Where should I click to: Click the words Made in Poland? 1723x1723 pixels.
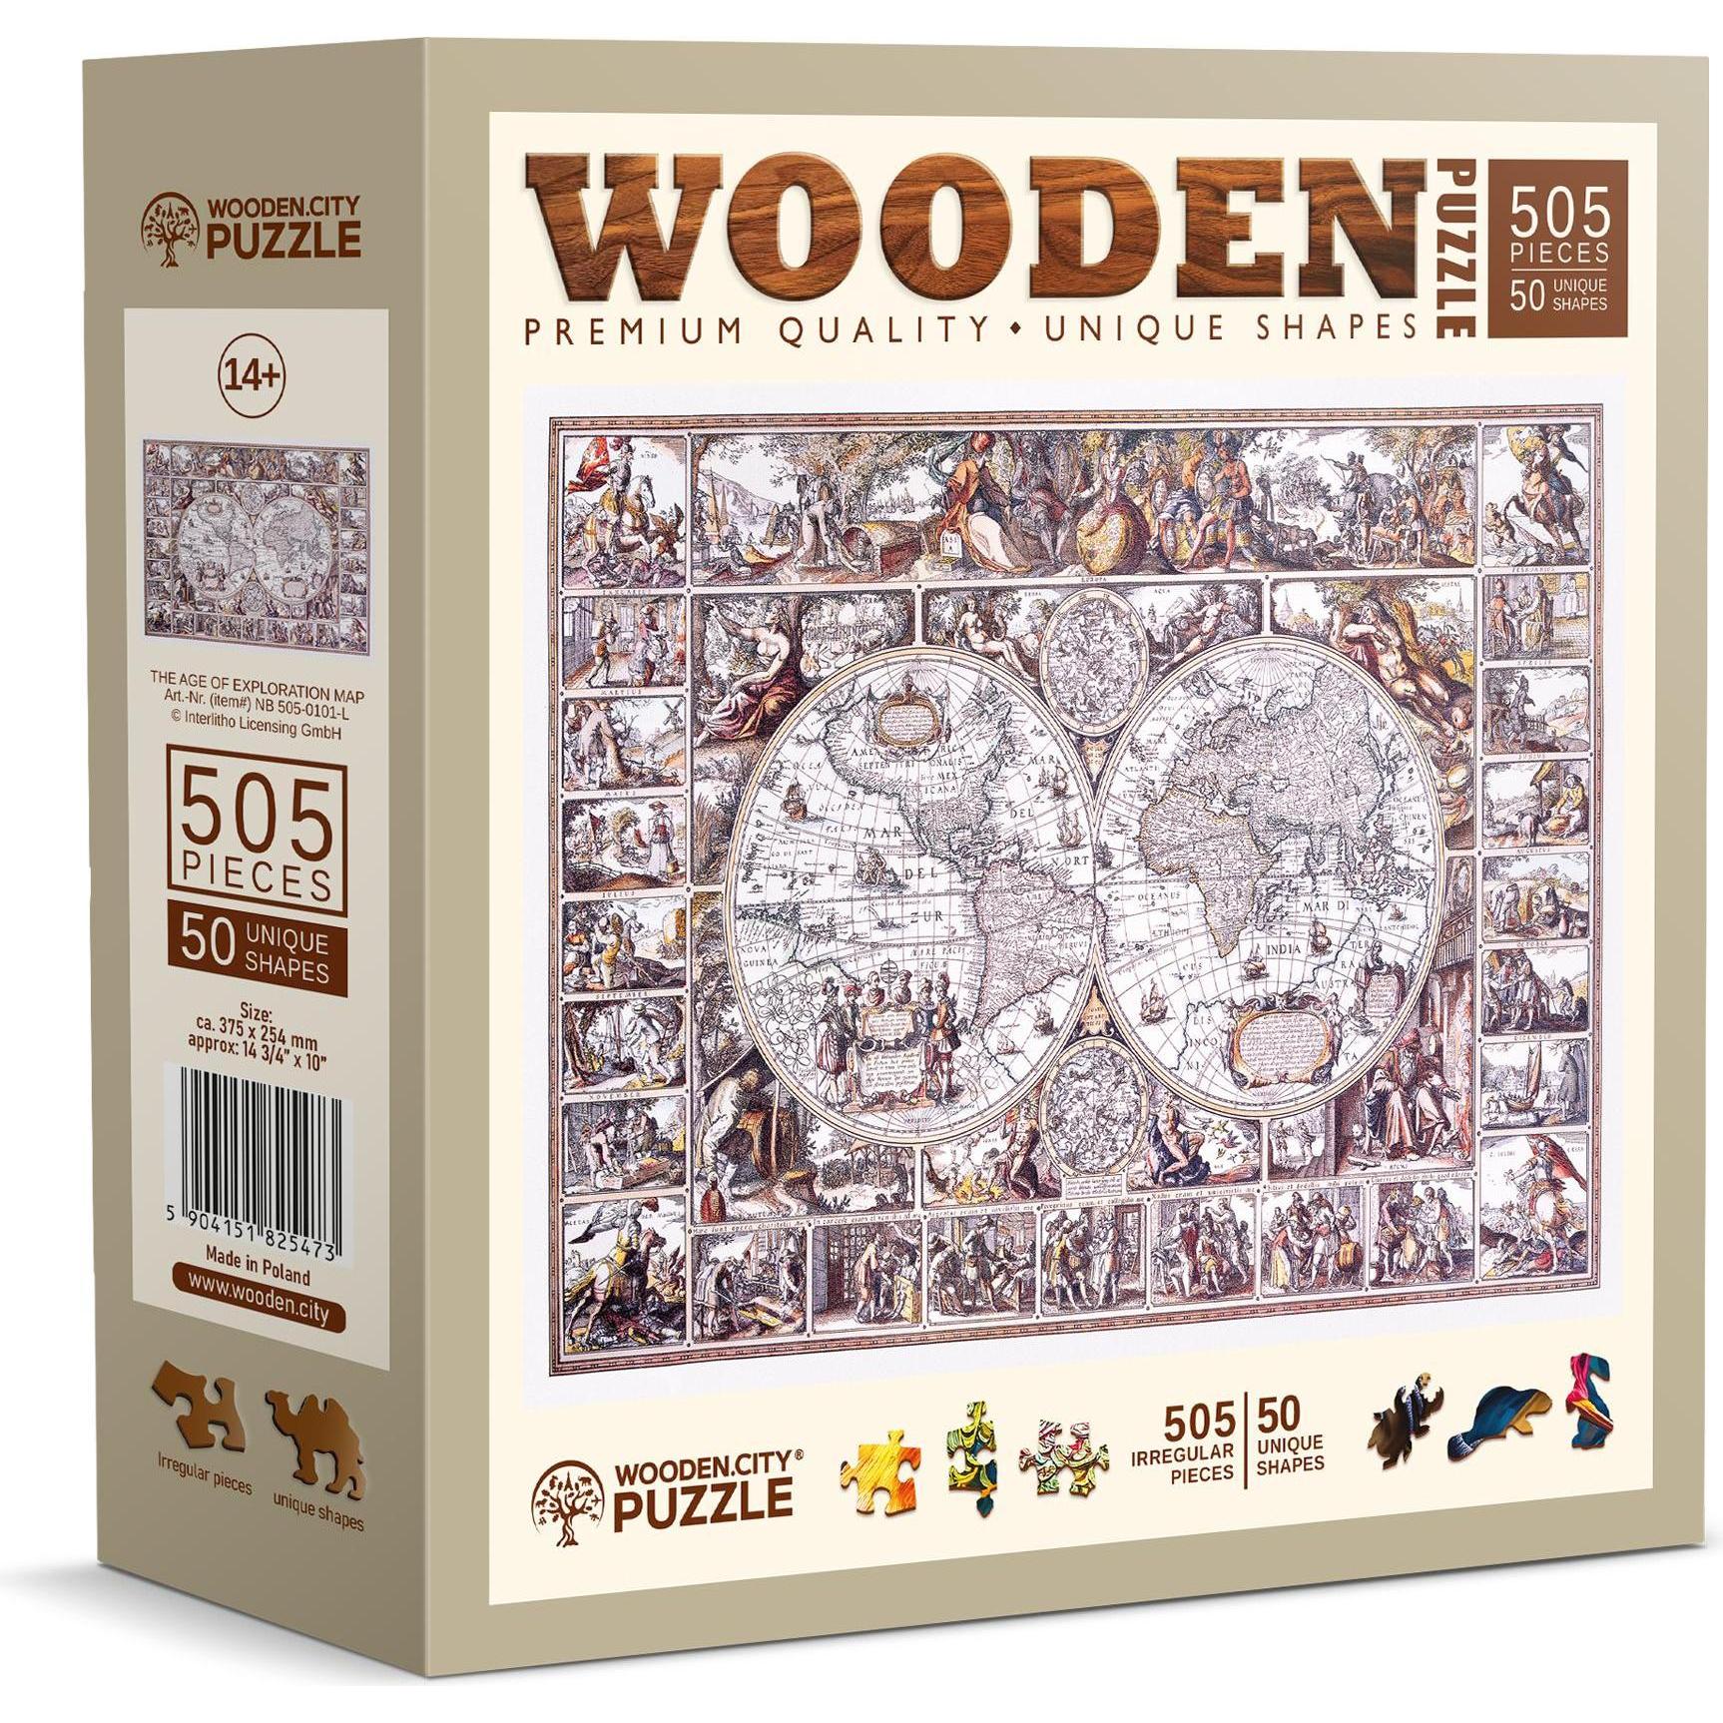coord(257,1277)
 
